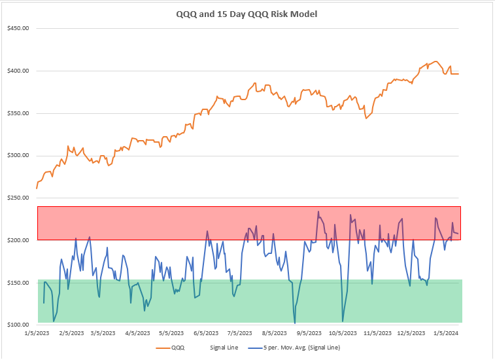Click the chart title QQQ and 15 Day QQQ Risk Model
(x=247, y=14)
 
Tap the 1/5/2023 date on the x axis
(x=37, y=333)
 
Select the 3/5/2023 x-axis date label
(x=107, y=333)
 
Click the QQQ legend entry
(x=177, y=348)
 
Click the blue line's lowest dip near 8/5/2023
(x=295, y=323)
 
